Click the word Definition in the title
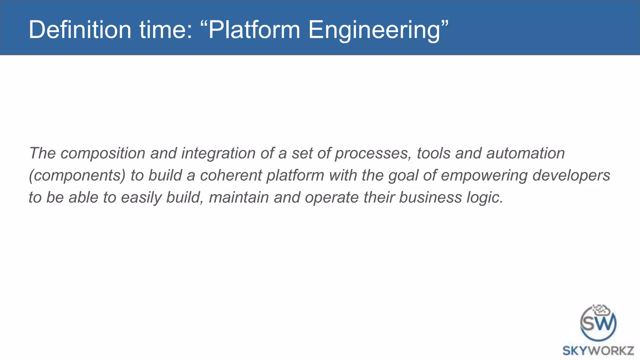[x=80, y=30]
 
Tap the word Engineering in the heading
[x=374, y=30]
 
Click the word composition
[x=103, y=153]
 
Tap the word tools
[x=433, y=153]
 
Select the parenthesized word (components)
[x=77, y=175]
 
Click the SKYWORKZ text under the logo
[x=598, y=351]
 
